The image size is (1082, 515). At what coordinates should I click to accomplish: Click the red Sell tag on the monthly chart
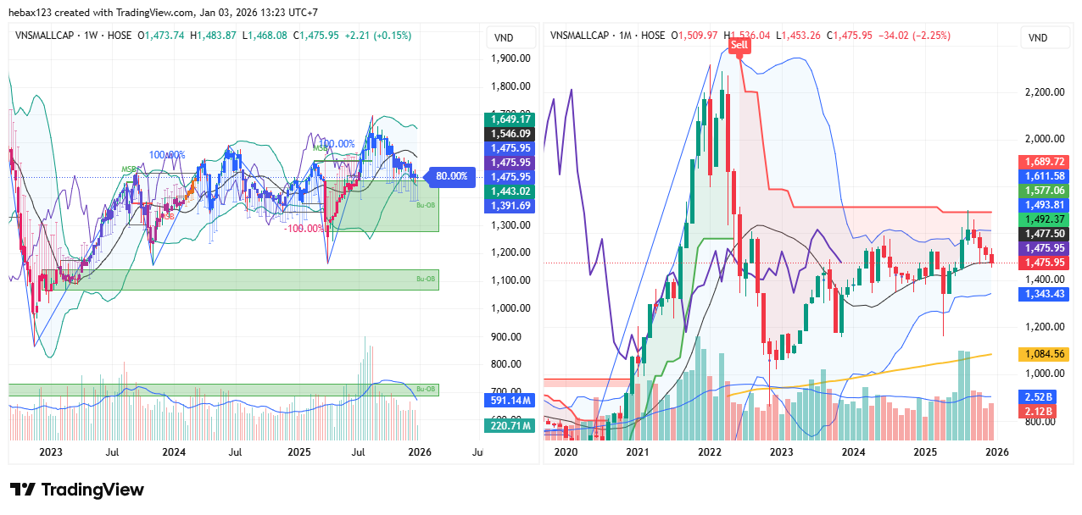coord(739,45)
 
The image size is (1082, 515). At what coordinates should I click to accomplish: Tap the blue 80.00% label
coord(451,176)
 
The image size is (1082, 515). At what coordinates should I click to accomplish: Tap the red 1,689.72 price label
coord(1044,161)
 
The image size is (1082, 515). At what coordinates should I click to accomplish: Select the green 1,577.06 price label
coord(1044,190)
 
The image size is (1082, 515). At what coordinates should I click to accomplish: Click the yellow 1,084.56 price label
coord(1044,354)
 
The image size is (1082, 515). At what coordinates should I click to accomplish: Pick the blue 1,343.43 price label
coord(1044,293)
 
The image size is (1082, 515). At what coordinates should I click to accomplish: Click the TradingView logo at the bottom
coord(77,490)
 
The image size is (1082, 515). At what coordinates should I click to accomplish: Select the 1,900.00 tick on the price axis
coord(510,58)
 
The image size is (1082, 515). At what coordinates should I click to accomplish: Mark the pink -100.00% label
coord(304,228)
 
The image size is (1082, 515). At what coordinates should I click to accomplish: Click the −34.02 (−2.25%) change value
coord(914,36)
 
